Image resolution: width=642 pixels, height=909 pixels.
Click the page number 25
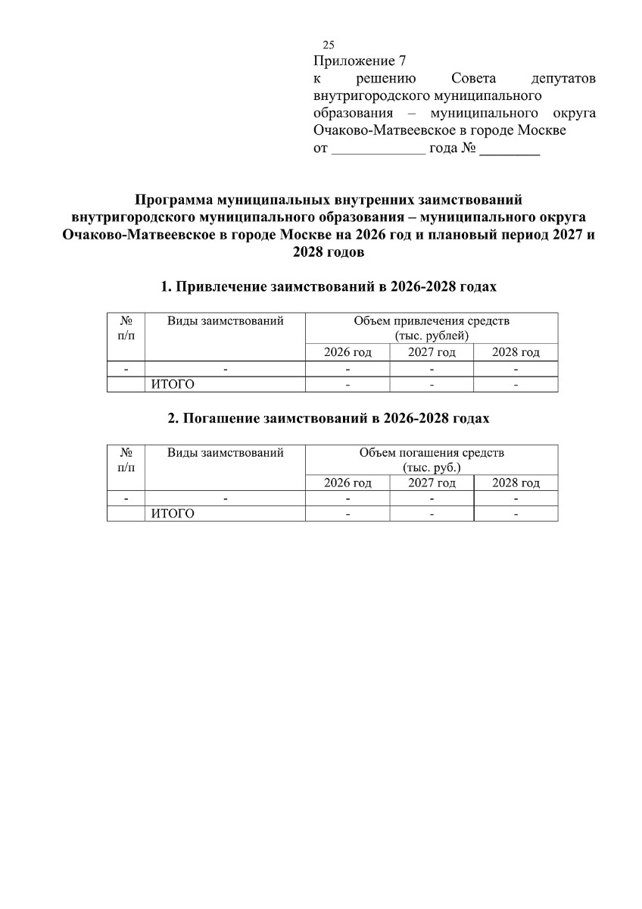coord(328,45)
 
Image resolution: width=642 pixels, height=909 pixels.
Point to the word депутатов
coord(563,79)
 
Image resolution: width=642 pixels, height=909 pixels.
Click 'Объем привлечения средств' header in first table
coord(432,321)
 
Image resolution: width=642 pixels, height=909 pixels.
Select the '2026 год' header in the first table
coord(347,353)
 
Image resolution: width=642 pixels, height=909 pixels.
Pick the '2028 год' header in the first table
coord(516,353)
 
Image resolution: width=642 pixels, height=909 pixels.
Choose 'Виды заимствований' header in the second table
coord(225,453)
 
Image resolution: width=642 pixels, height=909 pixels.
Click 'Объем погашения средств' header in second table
coord(432,453)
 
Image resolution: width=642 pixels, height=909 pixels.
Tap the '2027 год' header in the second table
coord(432,483)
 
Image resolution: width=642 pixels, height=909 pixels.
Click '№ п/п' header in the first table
coord(126,328)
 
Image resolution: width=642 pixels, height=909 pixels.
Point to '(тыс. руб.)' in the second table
coord(432,467)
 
